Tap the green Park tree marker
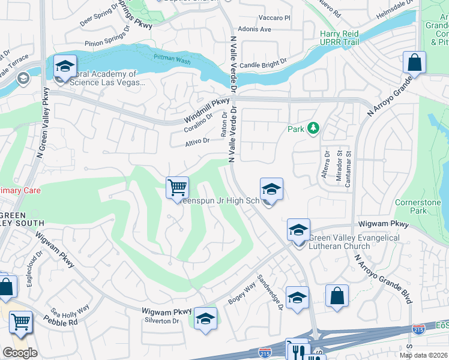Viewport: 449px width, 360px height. pyautogui.click(x=312, y=128)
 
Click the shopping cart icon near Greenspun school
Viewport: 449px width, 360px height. pyautogui.click(x=177, y=188)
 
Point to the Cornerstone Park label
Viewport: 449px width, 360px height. pyautogui.click(x=418, y=207)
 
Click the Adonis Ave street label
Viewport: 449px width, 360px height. pyautogui.click(x=255, y=29)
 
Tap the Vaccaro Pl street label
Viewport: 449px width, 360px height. pyautogui.click(x=274, y=19)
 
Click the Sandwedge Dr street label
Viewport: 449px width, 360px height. pyautogui.click(x=270, y=293)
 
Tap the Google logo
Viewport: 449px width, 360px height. pyautogui.click(x=20, y=352)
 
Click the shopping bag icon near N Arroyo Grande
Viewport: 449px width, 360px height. pyautogui.click(x=414, y=62)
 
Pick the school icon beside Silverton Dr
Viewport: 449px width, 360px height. pyautogui.click(x=205, y=318)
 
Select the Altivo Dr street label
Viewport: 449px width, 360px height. pyautogui.click(x=197, y=142)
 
